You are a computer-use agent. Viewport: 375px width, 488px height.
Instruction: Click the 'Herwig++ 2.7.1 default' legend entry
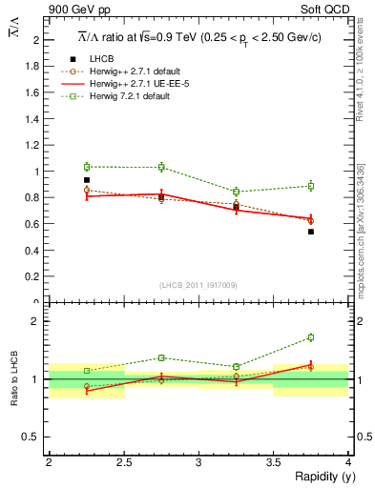(x=128, y=71)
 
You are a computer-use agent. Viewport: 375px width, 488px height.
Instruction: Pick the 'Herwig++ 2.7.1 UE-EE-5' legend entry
(x=128, y=84)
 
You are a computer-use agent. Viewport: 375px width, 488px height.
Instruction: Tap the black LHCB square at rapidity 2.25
(x=87, y=179)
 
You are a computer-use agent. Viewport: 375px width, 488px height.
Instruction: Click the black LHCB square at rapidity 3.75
(x=311, y=232)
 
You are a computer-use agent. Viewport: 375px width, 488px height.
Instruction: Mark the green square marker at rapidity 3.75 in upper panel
(x=311, y=186)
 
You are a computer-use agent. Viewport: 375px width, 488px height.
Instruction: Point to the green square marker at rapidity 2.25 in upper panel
(x=87, y=167)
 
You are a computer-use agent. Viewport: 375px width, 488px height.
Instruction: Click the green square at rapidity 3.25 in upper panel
(x=237, y=192)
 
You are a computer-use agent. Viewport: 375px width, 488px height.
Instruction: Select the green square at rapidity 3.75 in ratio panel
(x=311, y=337)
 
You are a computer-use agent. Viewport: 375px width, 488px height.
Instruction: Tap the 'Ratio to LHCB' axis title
(x=14, y=380)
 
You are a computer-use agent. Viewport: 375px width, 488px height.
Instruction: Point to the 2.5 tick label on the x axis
(x=123, y=461)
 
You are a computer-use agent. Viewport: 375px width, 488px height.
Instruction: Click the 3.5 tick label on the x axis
(x=273, y=461)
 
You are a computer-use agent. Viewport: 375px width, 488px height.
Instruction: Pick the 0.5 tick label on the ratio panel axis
(x=33, y=437)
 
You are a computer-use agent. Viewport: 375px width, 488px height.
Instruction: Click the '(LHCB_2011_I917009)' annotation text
(x=198, y=285)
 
